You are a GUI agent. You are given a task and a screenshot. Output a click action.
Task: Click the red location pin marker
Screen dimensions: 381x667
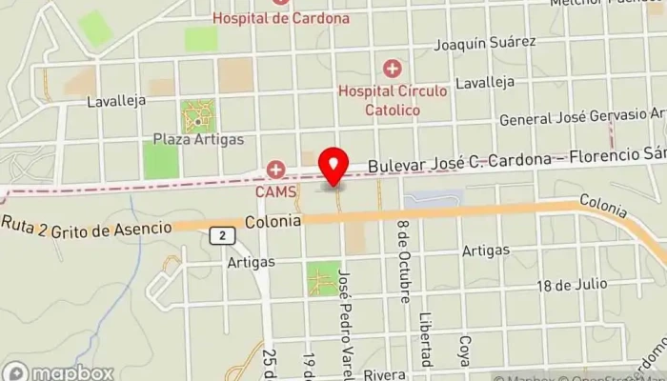point(333,168)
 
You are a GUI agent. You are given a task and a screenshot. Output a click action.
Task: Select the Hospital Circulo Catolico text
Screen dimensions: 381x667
point(392,100)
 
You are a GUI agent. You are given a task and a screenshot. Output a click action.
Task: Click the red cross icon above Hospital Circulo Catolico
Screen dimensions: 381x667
point(392,69)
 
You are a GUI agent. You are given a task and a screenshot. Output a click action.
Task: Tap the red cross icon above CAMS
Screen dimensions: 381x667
point(275,170)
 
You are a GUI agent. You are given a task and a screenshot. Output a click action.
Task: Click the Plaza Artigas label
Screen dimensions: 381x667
point(198,139)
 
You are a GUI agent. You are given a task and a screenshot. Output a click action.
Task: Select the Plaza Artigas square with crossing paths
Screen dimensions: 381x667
point(198,116)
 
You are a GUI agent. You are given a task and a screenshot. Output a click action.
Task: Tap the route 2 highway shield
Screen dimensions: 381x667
point(221,235)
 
